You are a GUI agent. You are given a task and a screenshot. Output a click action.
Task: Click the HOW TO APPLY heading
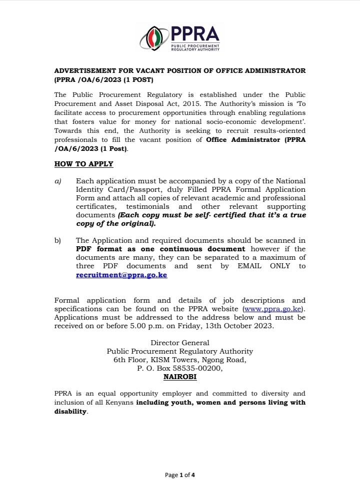click(x=83, y=164)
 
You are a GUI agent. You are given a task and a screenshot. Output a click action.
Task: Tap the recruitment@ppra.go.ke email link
click(x=121, y=275)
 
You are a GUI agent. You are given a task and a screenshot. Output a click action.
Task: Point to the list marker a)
click(x=57, y=181)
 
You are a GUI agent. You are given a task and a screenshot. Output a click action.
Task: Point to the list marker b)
click(x=57, y=240)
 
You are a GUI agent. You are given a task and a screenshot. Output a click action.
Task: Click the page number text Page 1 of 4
click(x=180, y=475)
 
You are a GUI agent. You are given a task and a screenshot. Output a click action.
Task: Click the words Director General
click(x=180, y=343)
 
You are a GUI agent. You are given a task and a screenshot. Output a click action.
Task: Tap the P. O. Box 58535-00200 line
click(x=180, y=369)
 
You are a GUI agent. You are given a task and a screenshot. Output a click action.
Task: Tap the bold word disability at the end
click(x=70, y=412)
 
